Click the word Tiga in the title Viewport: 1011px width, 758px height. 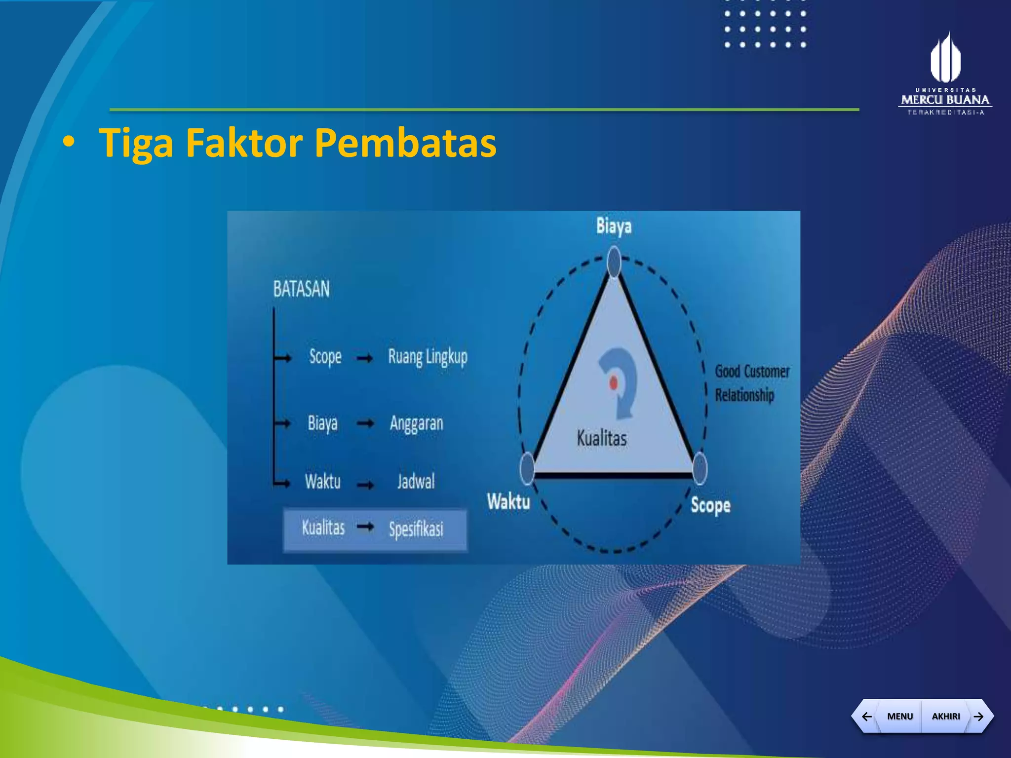(x=136, y=143)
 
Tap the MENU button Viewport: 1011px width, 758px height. (x=899, y=716)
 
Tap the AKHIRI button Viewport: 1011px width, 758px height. (x=945, y=716)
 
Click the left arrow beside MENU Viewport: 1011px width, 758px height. (x=866, y=716)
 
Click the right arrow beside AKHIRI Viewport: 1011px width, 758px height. (x=979, y=716)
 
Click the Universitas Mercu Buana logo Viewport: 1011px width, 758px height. (x=945, y=74)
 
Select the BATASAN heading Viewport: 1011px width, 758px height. (x=301, y=289)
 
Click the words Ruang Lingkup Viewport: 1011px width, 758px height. (x=428, y=357)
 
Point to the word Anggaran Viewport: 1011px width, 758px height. (x=416, y=423)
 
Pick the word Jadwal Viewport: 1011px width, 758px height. (x=416, y=481)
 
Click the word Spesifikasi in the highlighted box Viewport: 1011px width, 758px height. (x=416, y=529)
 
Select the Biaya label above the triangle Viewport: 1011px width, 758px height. (x=614, y=226)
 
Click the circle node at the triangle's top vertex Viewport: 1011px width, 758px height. (x=614, y=262)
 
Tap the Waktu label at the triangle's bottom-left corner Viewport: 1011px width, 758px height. (x=508, y=502)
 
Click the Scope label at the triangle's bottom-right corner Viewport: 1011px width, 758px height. (x=710, y=505)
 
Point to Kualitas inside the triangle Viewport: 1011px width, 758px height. (x=601, y=438)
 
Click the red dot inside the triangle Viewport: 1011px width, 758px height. (x=613, y=382)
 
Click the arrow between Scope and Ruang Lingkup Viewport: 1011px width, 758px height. (x=365, y=358)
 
